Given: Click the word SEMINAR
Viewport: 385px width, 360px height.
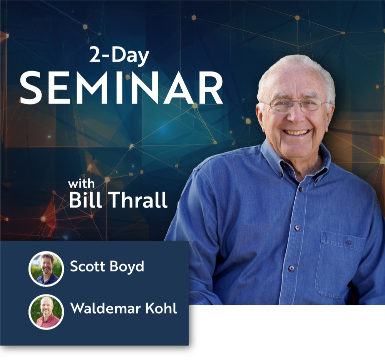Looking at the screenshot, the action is [x=121, y=88].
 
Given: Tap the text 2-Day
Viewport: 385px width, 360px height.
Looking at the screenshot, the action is [x=119, y=55].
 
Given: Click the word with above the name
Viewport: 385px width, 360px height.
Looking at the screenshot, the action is [x=81, y=184].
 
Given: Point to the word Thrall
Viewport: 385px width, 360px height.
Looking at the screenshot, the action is [x=138, y=200].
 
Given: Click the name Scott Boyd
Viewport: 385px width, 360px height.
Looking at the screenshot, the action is [x=107, y=267].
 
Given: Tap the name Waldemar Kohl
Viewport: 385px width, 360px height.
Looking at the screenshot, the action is [x=124, y=308].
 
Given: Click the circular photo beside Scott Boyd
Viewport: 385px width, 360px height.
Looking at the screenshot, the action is [x=46, y=269].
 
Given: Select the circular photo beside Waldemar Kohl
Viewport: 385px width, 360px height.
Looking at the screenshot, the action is [x=46, y=312].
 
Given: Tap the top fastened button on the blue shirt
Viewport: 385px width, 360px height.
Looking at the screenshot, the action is [x=300, y=189].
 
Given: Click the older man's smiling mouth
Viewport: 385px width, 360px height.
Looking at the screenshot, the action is [x=296, y=132].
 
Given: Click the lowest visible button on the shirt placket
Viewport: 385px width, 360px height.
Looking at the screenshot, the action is [x=291, y=268].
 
